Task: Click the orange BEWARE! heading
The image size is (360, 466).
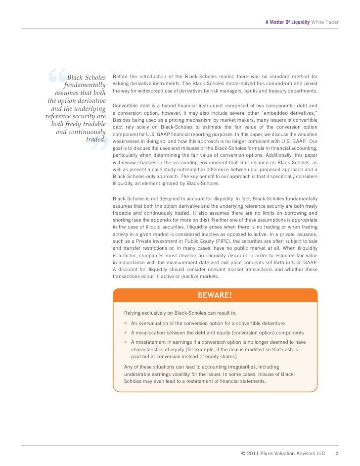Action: pyautogui.click(x=215, y=296)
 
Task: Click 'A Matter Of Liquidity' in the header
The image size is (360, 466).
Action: pyautogui.click(x=287, y=22)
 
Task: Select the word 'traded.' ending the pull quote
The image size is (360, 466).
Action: pyautogui.click(x=96, y=140)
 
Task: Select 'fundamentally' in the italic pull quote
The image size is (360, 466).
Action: pyautogui.click(x=85, y=86)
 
